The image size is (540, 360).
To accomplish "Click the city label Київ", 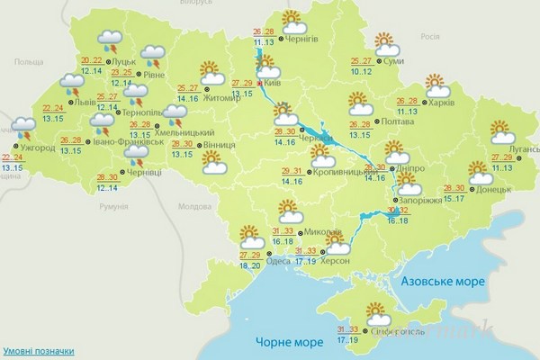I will point(273,82).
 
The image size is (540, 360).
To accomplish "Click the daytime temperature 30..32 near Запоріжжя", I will point(397,210).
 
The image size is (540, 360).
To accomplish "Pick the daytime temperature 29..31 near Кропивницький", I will point(292,171).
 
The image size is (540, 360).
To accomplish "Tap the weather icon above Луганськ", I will point(502,133).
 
